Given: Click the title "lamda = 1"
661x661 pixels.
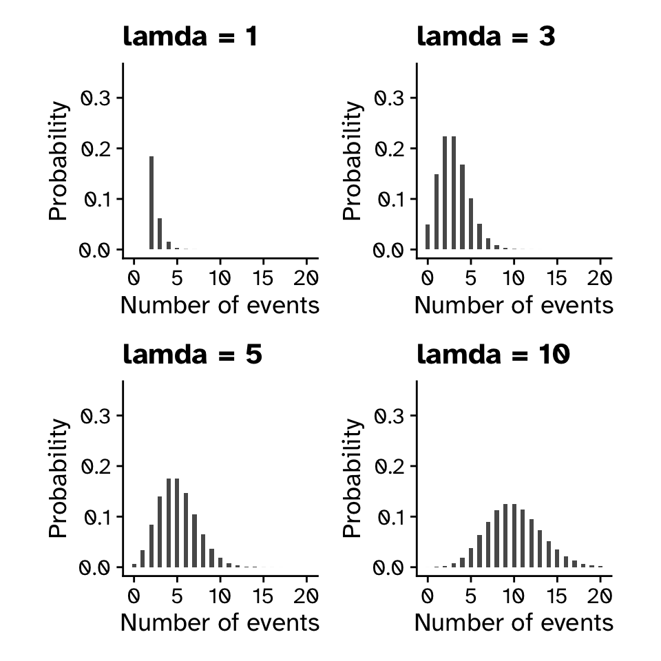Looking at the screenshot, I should click(x=190, y=36).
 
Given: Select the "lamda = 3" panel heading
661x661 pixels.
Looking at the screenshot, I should click(x=486, y=36).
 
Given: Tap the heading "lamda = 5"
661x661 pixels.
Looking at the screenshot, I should click(x=192, y=355).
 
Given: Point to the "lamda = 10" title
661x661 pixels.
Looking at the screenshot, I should click(x=494, y=355).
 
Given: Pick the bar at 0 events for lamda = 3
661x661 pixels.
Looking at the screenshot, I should click(x=428, y=237).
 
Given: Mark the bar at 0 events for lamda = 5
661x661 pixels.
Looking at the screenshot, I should click(x=134, y=565).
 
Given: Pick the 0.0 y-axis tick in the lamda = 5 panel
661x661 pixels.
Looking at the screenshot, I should click(x=95, y=567).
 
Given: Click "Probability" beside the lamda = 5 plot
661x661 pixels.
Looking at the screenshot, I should click(x=59, y=478).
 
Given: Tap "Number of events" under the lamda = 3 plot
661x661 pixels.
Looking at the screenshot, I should click(x=514, y=305).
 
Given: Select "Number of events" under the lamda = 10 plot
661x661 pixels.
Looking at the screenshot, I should click(x=514, y=622).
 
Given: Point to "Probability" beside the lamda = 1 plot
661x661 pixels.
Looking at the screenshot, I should click(x=59, y=160).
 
